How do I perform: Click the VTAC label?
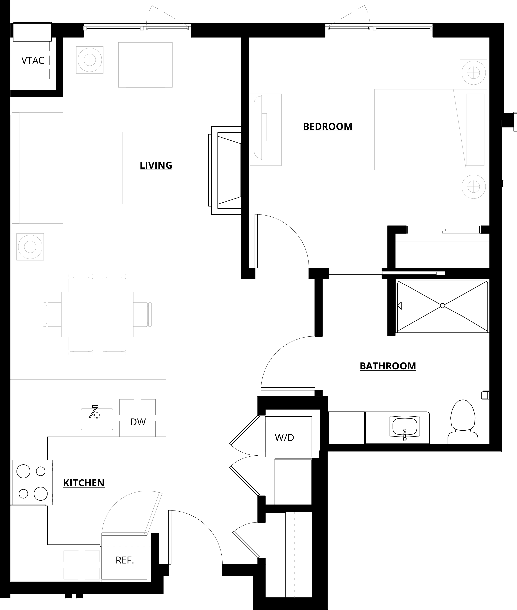33,61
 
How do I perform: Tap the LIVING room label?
156,165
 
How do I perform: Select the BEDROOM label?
328,126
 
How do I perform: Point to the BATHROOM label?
388,366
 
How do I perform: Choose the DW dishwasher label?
138,422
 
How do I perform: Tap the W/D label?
284,438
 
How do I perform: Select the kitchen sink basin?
97,419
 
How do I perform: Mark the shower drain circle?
443,306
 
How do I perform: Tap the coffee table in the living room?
104,168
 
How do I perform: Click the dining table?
97,314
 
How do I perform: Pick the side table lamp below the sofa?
30,247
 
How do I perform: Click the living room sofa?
37,168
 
